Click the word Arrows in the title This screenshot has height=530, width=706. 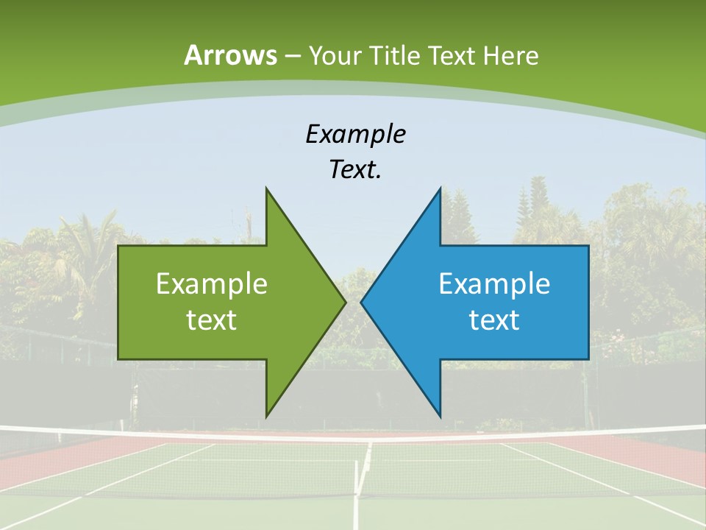230,55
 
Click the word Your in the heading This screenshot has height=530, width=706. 334,56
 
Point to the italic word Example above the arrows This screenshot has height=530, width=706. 355,134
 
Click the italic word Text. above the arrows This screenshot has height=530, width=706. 355,169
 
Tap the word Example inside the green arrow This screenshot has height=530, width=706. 212,283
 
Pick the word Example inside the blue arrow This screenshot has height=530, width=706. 494,283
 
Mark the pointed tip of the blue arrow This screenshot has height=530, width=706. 363,302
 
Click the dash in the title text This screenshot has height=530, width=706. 291,56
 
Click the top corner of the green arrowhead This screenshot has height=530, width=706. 267,190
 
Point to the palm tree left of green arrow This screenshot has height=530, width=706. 88,243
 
